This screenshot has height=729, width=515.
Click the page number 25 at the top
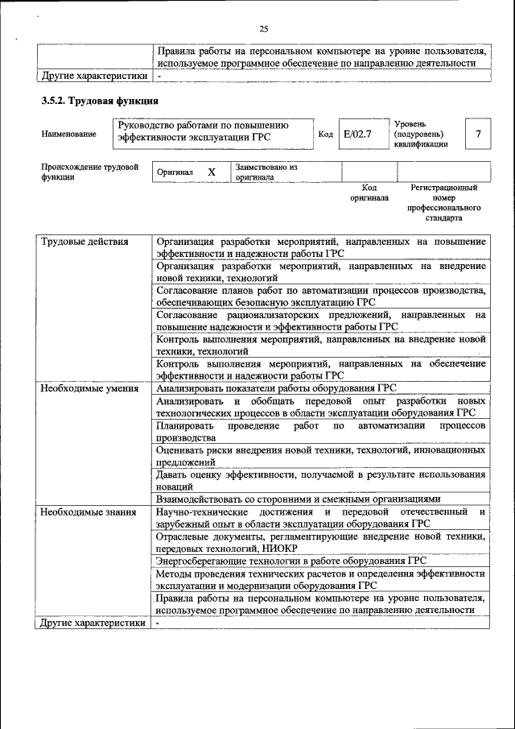263,29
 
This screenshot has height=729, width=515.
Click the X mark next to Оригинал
212,172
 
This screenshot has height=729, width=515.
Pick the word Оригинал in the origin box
175,172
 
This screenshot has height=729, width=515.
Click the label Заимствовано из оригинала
266,172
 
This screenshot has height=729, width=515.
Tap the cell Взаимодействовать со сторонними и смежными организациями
299,499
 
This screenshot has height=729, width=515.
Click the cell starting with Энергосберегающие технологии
291,561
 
